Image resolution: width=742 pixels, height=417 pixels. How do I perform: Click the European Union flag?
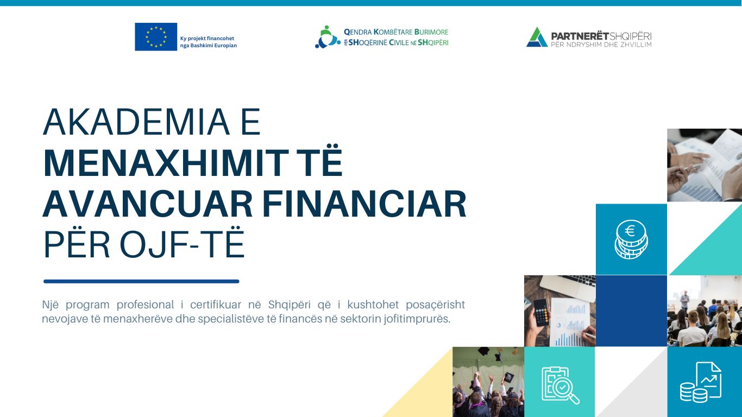click(156, 37)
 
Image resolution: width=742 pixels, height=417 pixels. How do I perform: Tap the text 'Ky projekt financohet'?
click(207, 39)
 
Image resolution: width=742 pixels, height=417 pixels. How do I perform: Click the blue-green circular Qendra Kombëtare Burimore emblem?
click(328, 37)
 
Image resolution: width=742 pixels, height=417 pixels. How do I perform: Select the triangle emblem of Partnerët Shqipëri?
click(537, 37)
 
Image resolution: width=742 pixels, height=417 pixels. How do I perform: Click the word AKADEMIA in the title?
click(136, 122)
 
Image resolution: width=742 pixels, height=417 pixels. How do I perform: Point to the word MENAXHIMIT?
click(166, 163)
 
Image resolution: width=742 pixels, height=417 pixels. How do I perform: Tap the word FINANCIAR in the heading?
click(364, 204)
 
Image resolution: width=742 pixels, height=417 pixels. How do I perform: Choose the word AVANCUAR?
click(148, 204)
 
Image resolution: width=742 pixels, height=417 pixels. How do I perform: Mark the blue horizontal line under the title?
click(141, 282)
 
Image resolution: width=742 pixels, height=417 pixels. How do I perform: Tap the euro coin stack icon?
click(631, 239)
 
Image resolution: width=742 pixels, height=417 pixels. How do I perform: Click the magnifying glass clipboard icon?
click(560, 386)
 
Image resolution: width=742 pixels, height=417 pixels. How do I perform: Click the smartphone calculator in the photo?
click(542, 312)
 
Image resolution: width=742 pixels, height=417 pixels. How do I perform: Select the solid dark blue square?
click(631, 311)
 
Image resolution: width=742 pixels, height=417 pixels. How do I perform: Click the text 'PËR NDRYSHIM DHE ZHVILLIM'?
click(601, 45)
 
